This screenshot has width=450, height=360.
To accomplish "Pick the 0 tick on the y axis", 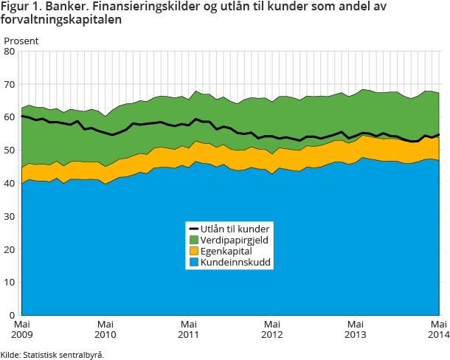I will (x=12, y=315).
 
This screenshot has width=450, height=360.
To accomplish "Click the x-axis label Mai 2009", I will (x=21, y=329).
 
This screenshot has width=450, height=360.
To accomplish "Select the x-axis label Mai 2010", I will (x=105, y=329).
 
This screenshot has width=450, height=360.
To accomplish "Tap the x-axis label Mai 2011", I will (x=189, y=329).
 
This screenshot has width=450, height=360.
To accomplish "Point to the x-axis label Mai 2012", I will (x=272, y=329).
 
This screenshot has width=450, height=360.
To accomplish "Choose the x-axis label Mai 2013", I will (x=356, y=329).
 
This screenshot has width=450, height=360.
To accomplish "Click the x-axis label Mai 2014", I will (x=439, y=329).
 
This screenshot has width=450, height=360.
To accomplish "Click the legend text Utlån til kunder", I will (x=235, y=229).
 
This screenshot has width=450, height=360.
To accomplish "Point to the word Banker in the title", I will (x=63, y=7).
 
